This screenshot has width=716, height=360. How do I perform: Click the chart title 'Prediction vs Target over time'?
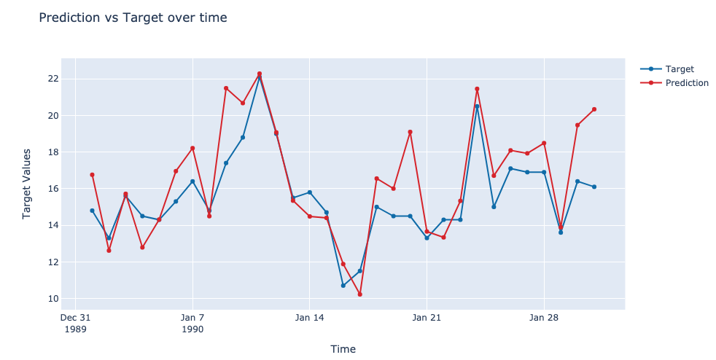click(x=133, y=17)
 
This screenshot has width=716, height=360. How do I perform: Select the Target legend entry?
click(x=679, y=69)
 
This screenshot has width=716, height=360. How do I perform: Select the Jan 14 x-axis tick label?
click(x=309, y=318)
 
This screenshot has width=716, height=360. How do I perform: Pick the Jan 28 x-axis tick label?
click(x=543, y=318)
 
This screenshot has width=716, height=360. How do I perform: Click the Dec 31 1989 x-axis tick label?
click(x=75, y=323)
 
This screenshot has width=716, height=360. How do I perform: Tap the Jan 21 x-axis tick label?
click(x=427, y=318)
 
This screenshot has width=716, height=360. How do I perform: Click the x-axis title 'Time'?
click(x=343, y=349)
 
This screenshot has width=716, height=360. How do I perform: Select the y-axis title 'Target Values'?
click(x=27, y=184)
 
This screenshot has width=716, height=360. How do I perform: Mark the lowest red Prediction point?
click(x=359, y=294)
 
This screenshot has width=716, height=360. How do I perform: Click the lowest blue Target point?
click(x=343, y=286)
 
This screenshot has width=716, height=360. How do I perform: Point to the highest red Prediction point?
click(x=260, y=74)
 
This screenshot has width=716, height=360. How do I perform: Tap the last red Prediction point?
click(x=594, y=109)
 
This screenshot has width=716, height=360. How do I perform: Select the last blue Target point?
click(x=594, y=187)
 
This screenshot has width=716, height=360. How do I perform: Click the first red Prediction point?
click(x=92, y=175)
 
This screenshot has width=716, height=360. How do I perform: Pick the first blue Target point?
click(x=92, y=211)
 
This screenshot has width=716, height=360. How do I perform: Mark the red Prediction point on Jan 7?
click(x=192, y=148)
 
